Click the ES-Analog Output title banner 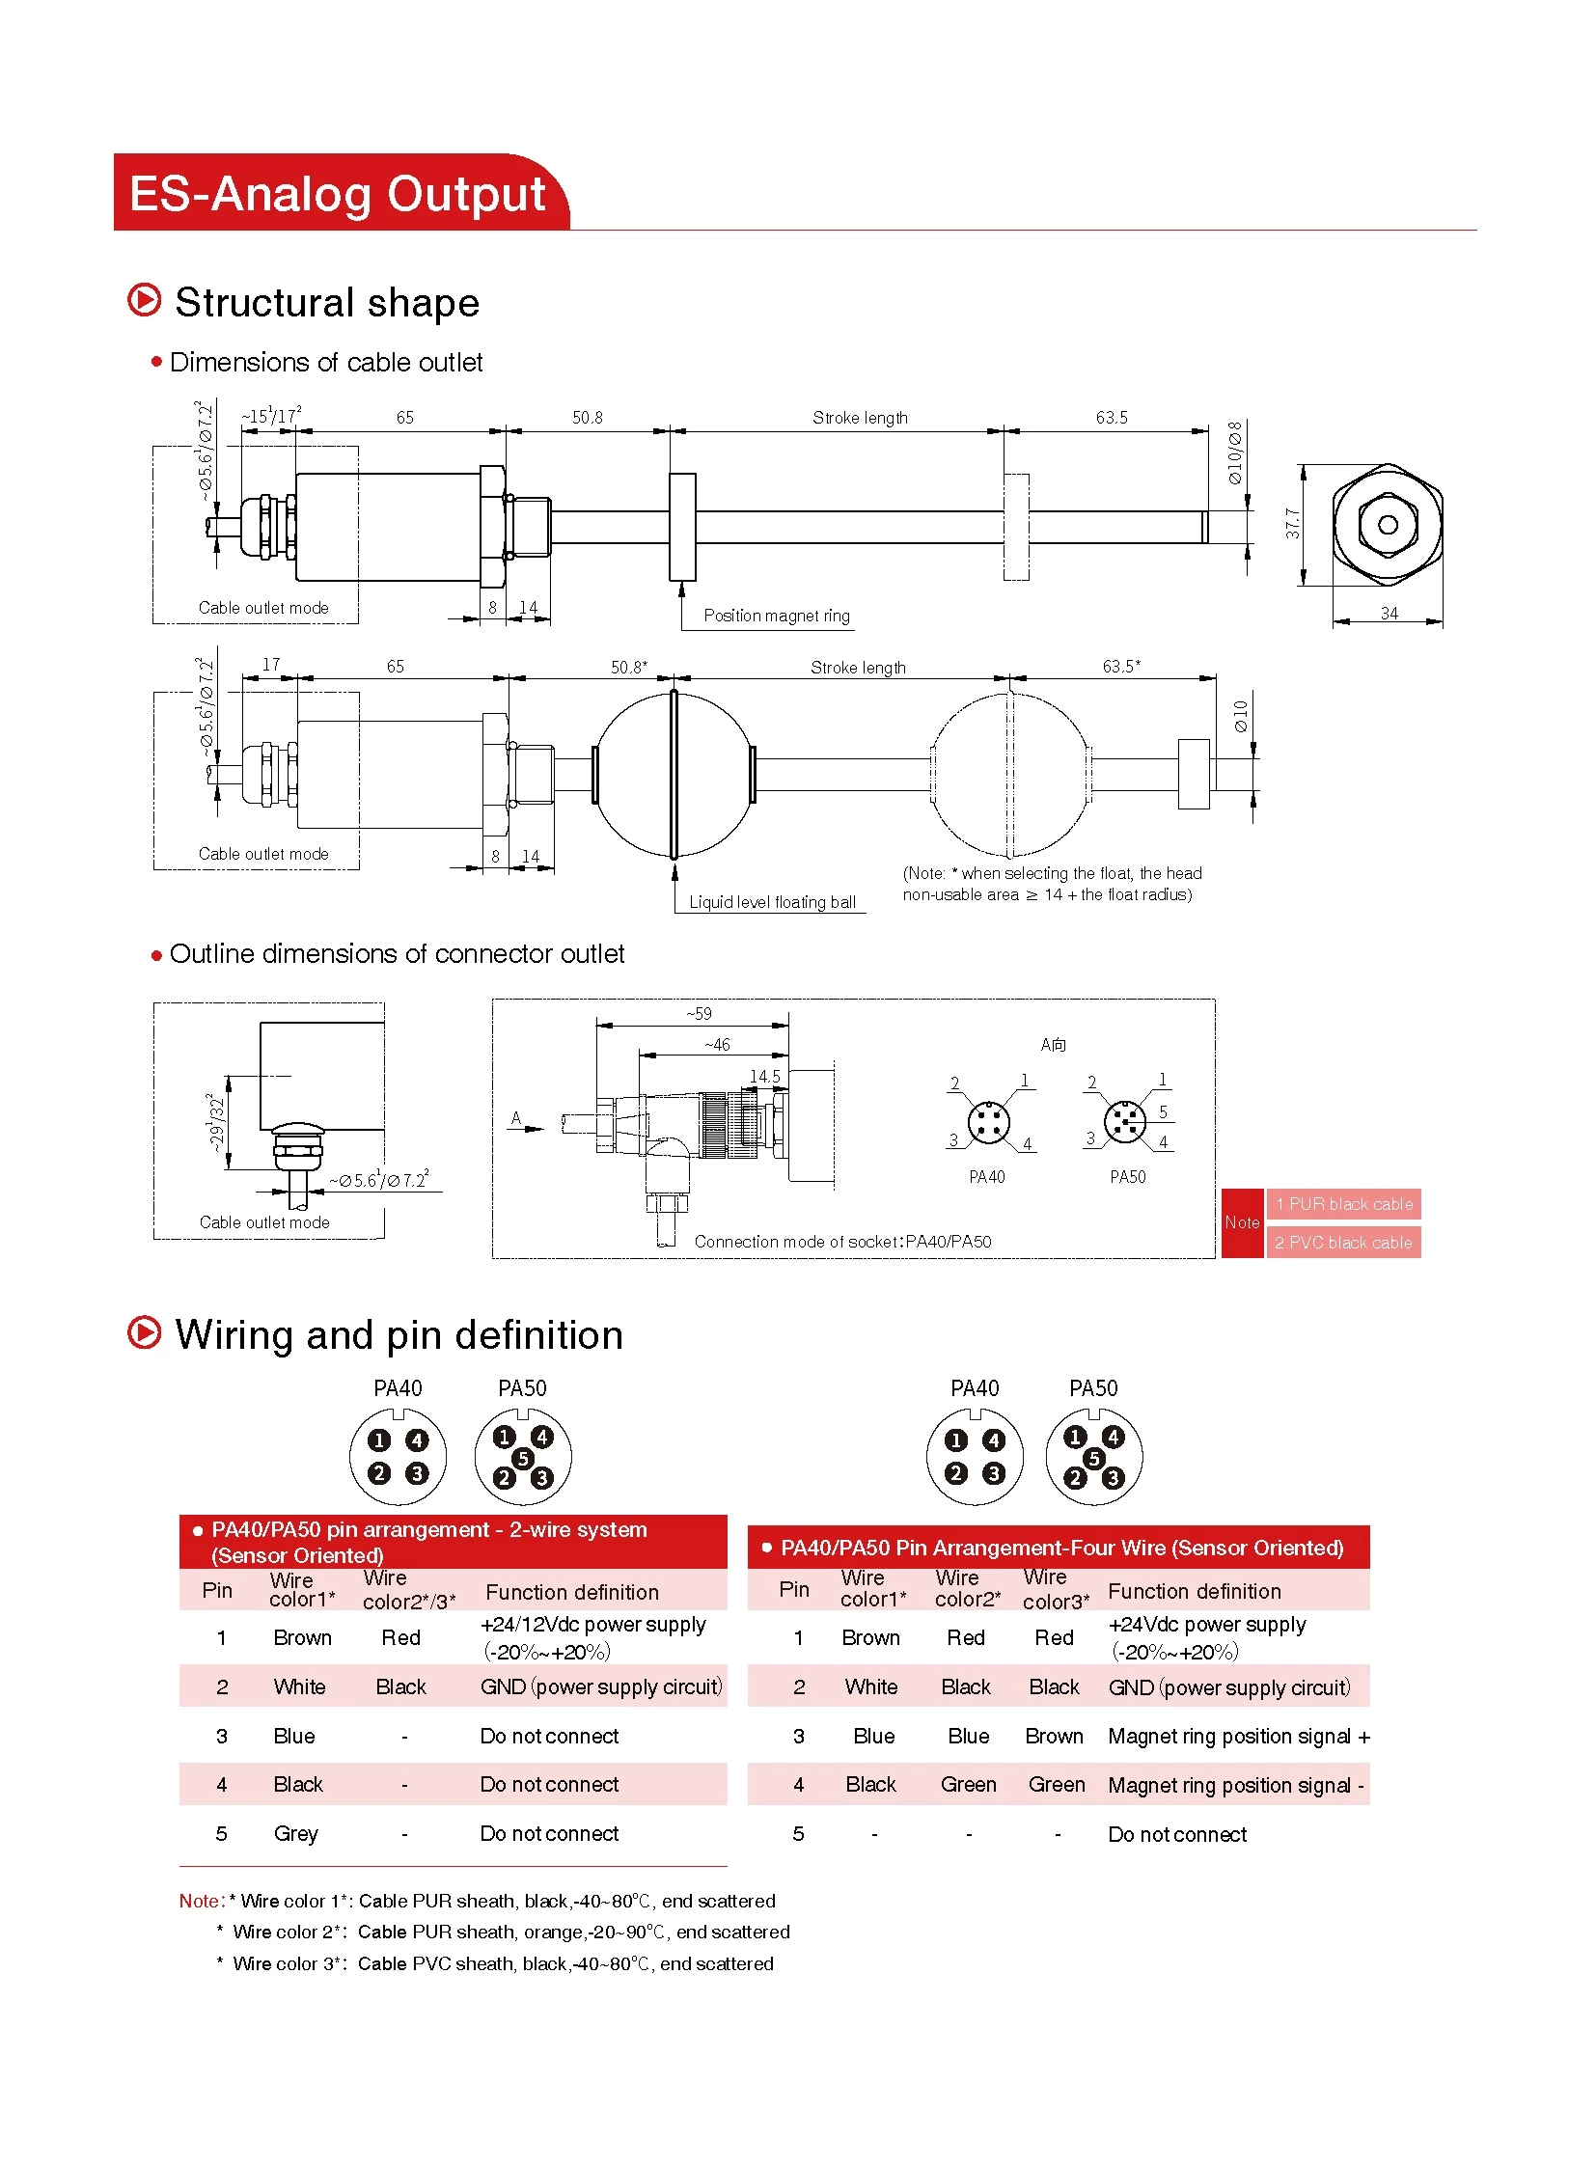pyautogui.click(x=338, y=193)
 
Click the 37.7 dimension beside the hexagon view pyautogui.click(x=1293, y=524)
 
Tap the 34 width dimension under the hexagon pyautogui.click(x=1389, y=614)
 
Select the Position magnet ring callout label pyautogui.click(x=776, y=616)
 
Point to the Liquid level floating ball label pyautogui.click(x=772, y=902)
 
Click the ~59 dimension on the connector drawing pyautogui.click(x=699, y=1013)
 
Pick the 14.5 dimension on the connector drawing pyautogui.click(x=764, y=1075)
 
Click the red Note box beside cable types pyautogui.click(x=1242, y=1222)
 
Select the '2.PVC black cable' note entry pyautogui.click(x=1343, y=1243)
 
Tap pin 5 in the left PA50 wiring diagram pyautogui.click(x=523, y=1458)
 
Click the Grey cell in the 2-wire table pyautogui.click(x=295, y=1834)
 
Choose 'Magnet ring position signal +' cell pyautogui.click(x=1239, y=1736)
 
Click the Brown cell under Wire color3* pyautogui.click(x=1054, y=1736)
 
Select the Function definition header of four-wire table pyautogui.click(x=1194, y=1591)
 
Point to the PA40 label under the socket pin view pyautogui.click(x=986, y=1177)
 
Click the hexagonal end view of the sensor pyautogui.click(x=1388, y=525)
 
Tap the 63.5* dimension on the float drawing pyautogui.click(x=1120, y=666)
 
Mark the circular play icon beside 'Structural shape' pyautogui.click(x=145, y=300)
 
